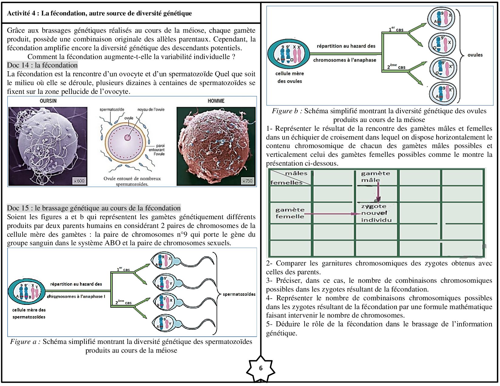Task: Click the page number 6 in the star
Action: point(261,368)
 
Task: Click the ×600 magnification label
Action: point(79,181)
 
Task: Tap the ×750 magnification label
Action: point(247,181)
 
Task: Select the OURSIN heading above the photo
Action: point(48,101)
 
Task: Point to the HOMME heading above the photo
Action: point(216,101)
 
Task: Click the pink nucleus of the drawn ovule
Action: point(128,138)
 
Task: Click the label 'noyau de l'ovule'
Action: point(151,110)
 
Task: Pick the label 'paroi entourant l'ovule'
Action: point(157,150)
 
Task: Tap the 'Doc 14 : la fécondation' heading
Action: point(42,65)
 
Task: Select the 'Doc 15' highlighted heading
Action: point(94,208)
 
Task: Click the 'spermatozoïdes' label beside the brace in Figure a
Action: point(239,294)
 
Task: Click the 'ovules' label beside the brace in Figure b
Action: point(475,55)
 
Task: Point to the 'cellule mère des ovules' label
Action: point(289,77)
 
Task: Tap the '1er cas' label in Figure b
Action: point(396,29)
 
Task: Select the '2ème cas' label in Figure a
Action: point(123,302)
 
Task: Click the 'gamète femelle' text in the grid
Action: point(290,213)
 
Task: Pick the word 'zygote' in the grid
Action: point(374,206)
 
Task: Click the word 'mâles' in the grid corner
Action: point(296,173)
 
